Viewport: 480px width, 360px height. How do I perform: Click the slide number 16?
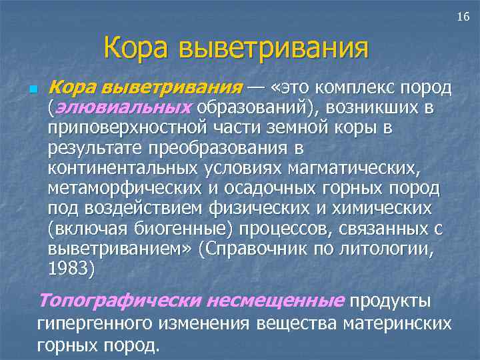[x=463, y=15]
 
